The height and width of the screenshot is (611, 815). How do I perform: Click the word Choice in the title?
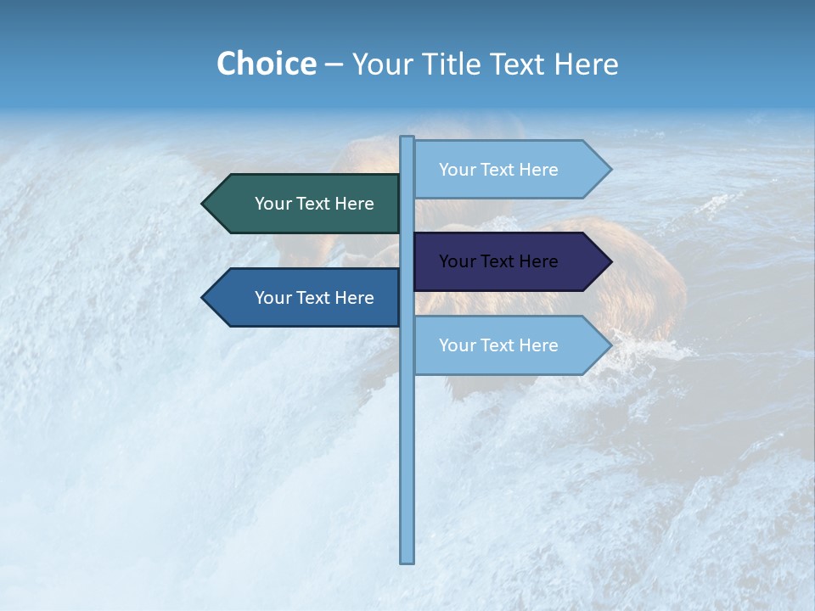(x=266, y=64)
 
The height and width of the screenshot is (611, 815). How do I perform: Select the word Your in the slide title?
(x=382, y=64)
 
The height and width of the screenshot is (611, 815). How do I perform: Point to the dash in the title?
(x=334, y=64)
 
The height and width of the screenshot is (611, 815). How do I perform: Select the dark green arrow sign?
(x=306, y=204)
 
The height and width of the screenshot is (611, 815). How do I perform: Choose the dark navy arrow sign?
(x=509, y=261)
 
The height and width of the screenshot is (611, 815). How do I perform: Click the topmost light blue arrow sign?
(x=509, y=169)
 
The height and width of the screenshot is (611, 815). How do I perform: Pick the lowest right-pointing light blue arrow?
(x=509, y=345)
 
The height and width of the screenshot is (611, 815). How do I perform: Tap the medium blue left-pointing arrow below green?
(x=306, y=298)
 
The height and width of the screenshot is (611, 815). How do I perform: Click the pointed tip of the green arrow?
(x=204, y=204)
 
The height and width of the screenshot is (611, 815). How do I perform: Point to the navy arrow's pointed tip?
(x=610, y=261)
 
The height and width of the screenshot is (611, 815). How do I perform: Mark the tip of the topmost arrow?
(x=610, y=169)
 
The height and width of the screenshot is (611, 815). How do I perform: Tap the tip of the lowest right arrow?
(x=610, y=345)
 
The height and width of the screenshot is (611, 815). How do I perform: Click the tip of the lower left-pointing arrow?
(x=204, y=298)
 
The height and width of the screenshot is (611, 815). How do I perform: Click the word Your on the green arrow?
(x=272, y=204)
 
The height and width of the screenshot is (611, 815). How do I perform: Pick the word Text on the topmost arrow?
(x=498, y=170)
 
